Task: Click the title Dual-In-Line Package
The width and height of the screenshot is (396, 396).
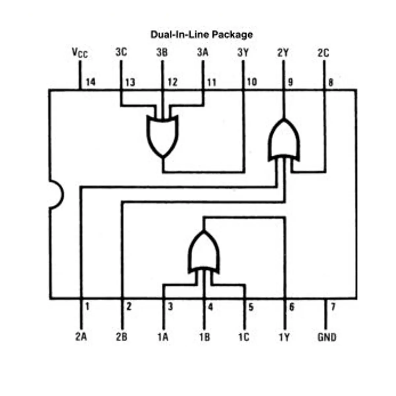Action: [202, 35]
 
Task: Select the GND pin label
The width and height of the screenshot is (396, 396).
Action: [327, 337]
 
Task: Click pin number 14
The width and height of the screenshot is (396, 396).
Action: [91, 82]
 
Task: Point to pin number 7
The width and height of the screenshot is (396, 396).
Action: [333, 307]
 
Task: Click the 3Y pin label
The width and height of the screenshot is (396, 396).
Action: [243, 52]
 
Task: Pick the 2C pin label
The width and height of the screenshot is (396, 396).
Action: [323, 53]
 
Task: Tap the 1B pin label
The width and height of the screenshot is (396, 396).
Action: [205, 337]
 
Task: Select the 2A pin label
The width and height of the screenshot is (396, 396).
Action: [81, 337]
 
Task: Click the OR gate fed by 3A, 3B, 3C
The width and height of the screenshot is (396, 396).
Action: [162, 136]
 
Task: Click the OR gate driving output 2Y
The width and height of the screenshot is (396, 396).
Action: [284, 140]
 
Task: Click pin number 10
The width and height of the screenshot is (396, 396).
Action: [252, 82]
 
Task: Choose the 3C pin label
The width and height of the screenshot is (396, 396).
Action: [121, 52]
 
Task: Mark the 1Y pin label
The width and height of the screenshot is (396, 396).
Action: [284, 337]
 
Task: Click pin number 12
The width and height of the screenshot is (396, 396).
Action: [172, 82]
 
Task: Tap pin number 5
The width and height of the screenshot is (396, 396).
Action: [251, 307]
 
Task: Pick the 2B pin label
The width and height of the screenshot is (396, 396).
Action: [122, 337]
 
